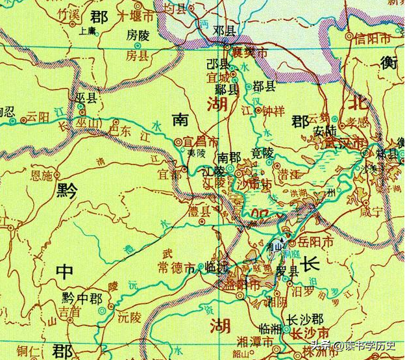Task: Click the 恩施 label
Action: pos(43,175)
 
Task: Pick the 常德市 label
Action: pos(176,267)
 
